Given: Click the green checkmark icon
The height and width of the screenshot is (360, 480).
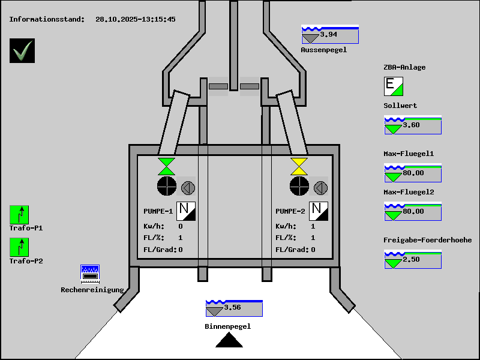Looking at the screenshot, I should click(x=22, y=50).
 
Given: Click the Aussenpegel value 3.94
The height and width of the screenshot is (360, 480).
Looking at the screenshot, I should click(x=329, y=35).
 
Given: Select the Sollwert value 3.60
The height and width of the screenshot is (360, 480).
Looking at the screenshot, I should click(x=412, y=125).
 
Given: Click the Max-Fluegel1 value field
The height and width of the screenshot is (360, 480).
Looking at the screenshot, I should click(x=413, y=173).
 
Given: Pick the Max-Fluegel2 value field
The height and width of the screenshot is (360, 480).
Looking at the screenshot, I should click(x=413, y=211).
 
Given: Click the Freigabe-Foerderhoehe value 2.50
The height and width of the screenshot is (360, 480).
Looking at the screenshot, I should click(x=412, y=259).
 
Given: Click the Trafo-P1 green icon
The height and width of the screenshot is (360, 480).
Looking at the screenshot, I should click(x=19, y=214).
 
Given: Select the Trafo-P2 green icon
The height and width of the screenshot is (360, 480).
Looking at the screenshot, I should click(x=19, y=247).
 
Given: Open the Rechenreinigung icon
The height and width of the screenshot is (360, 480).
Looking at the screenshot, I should click(x=90, y=274).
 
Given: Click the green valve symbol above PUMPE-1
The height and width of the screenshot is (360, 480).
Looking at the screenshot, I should click(x=166, y=166).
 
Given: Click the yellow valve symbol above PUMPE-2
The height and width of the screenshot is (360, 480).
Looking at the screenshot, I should click(x=299, y=166).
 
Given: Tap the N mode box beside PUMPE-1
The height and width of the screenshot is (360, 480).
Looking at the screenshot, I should click(x=186, y=211).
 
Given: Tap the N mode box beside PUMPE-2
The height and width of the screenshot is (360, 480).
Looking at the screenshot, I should click(x=319, y=211).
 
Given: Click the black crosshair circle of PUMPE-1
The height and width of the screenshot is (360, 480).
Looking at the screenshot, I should click(x=166, y=186).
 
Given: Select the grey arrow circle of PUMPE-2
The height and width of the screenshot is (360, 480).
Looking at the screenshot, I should click(x=321, y=188).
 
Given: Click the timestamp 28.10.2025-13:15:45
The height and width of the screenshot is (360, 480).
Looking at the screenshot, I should click(x=136, y=19).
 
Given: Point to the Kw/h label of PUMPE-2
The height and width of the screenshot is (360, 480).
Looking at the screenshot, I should click(x=286, y=226).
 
